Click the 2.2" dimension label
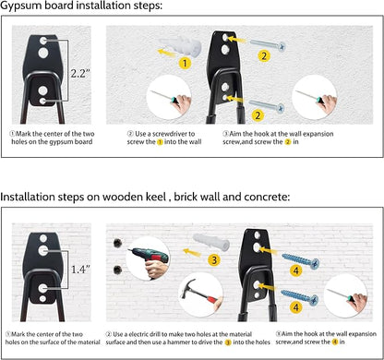(x=80, y=73)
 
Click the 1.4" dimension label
(x=80, y=270)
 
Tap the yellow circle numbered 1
(x=185, y=63)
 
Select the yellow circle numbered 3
(x=214, y=260)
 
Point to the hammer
(x=199, y=295)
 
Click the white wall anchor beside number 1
(x=181, y=45)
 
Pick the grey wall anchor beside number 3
(x=211, y=242)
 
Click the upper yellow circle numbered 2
(x=264, y=56)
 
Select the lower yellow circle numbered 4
(x=296, y=306)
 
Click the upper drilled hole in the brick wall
(x=117, y=243)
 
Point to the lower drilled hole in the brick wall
(x=117, y=270)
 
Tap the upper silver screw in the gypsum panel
(x=268, y=45)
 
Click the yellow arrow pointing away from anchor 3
(x=192, y=253)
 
